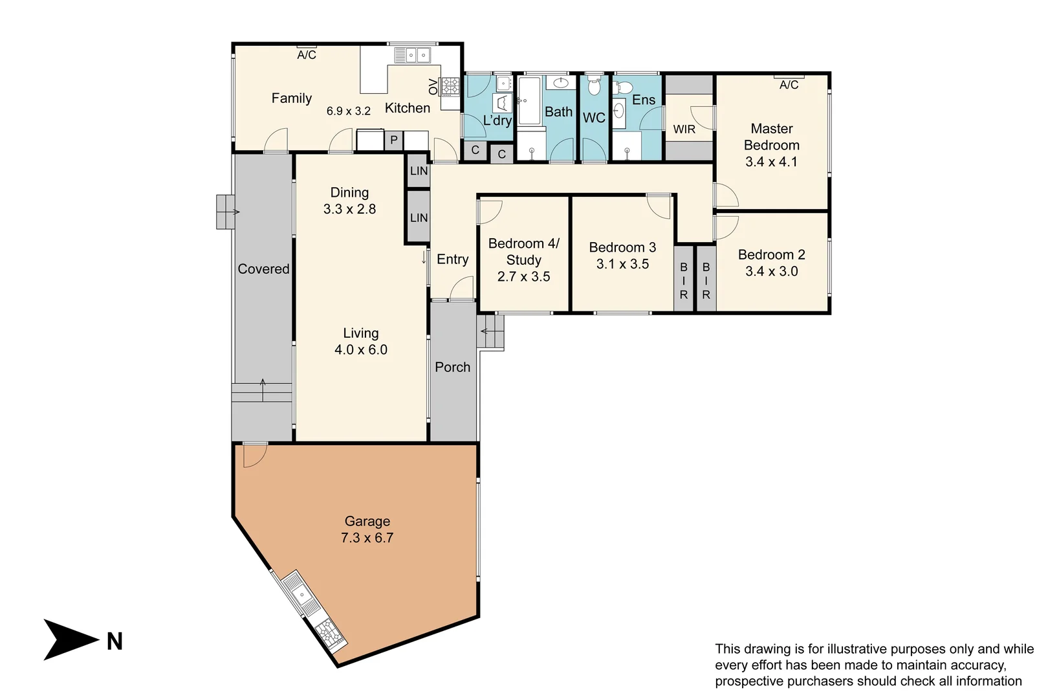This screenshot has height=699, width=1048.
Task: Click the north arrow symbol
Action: click(x=70, y=639)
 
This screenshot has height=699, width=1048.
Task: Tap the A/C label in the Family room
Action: click(x=307, y=55)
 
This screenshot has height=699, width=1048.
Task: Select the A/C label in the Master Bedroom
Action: click(x=789, y=85)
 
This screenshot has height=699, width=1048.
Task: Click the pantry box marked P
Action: click(x=393, y=140)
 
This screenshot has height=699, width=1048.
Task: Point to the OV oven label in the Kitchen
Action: click(x=433, y=86)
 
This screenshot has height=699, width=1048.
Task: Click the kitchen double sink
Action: click(x=413, y=56)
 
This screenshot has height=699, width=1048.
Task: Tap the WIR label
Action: click(x=684, y=129)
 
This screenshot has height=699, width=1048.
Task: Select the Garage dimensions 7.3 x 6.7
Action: click(x=367, y=538)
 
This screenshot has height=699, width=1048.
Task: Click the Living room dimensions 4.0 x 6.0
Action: click(x=360, y=350)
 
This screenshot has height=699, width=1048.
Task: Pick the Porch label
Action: click(x=452, y=367)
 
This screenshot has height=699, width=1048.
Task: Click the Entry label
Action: click(x=452, y=260)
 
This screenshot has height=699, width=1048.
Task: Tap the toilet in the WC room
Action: click(x=594, y=87)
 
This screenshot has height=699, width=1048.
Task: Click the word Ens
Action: click(x=643, y=100)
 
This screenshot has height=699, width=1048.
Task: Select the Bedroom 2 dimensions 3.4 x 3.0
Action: click(x=771, y=272)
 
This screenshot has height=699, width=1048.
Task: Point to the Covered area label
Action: click(x=263, y=269)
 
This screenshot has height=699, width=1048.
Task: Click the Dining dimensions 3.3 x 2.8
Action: click(x=349, y=209)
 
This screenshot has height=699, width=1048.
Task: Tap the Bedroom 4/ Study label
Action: click(x=523, y=252)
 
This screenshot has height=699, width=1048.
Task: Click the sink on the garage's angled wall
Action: click(x=300, y=594)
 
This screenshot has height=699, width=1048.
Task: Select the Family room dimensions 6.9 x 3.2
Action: click(x=348, y=111)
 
